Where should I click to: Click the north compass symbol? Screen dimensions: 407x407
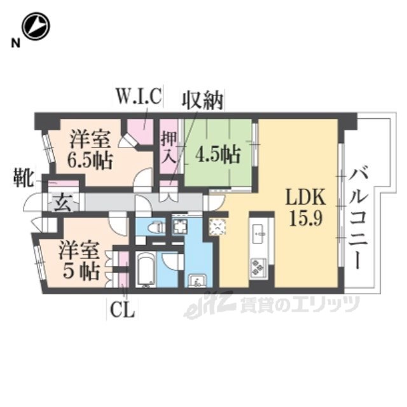coord(36,26)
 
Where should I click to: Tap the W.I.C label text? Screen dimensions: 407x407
coord(138,97)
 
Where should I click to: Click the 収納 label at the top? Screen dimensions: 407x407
coord(202,100)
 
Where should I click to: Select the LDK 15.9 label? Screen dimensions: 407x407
coord(305,207)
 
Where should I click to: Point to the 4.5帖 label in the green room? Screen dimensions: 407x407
coord(217,155)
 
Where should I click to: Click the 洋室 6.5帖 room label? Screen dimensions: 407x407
coord(90,151)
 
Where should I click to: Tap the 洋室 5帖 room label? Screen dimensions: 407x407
coord(79,260)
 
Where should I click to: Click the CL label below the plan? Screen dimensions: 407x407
coord(123,310)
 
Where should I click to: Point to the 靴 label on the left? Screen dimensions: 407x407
coord(24,178)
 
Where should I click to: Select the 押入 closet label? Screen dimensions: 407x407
coord(169,147)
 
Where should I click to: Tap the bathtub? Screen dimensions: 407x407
coord(146,270)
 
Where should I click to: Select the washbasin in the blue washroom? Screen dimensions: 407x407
coord(198,280)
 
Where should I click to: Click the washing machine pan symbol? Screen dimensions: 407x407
coord(179,226)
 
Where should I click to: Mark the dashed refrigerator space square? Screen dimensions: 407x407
coord(217,227)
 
